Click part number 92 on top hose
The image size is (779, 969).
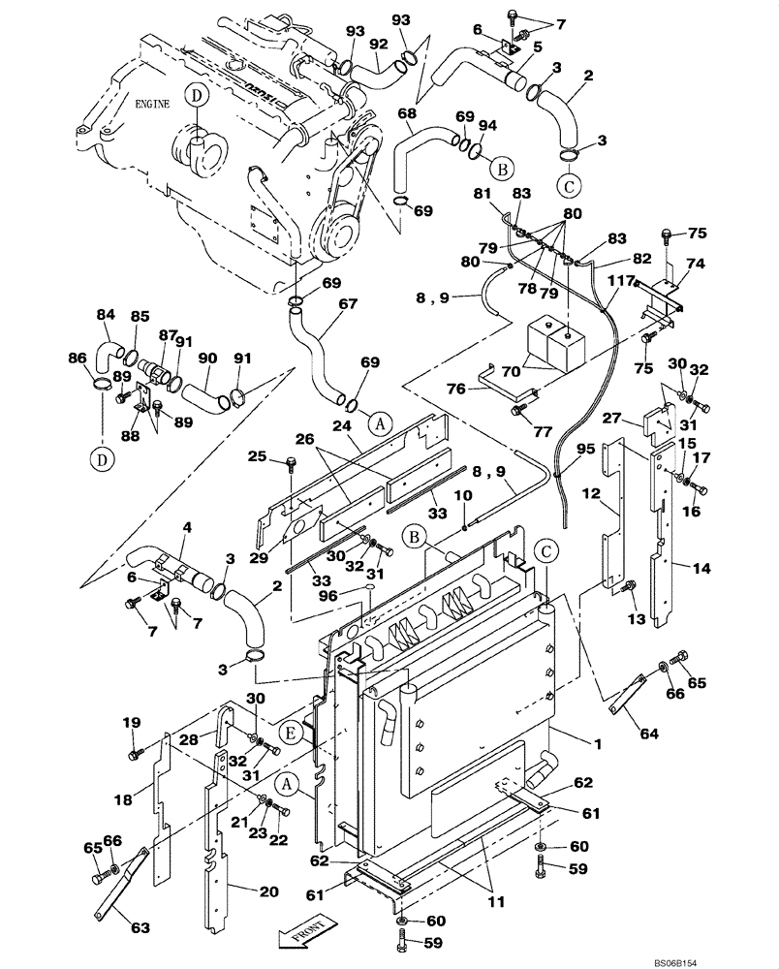click(377, 43)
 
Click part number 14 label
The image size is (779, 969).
click(701, 567)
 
